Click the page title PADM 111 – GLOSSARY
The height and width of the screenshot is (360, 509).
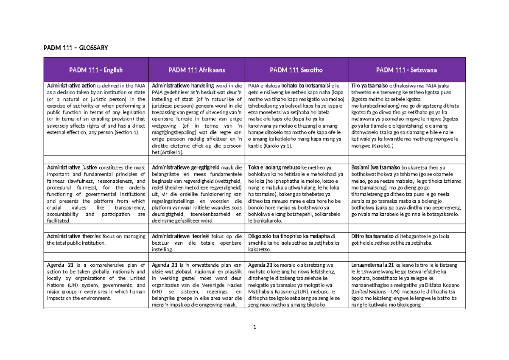(76, 47)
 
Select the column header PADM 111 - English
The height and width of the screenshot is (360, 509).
(96, 70)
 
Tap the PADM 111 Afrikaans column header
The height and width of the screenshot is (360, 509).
(196, 70)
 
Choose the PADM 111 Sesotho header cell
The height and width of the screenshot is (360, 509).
(296, 70)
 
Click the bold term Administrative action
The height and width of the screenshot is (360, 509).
(68, 86)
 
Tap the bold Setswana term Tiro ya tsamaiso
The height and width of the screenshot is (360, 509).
(367, 86)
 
